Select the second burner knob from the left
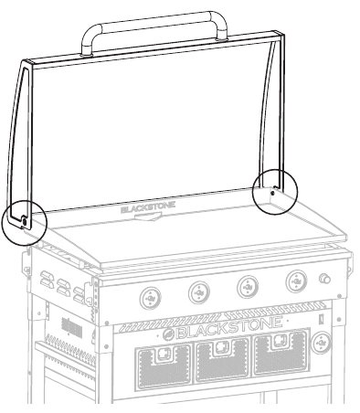(x=198, y=292)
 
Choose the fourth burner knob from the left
(x=295, y=281)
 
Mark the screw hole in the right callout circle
(x=272, y=194)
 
